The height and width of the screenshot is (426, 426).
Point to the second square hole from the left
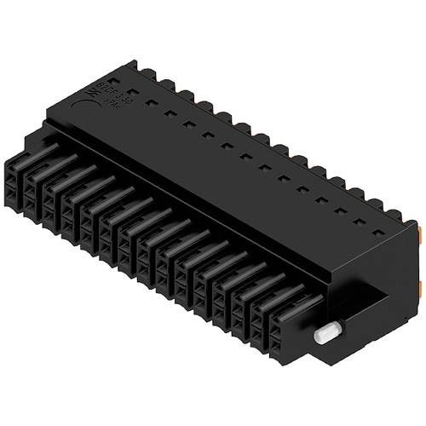(x=151, y=101)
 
